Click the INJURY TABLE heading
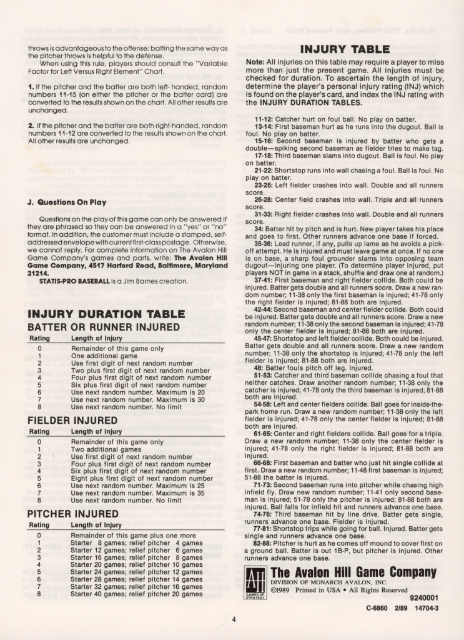[x=345, y=49]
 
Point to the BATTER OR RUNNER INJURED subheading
[x=104, y=327]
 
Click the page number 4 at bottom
[x=233, y=619]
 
